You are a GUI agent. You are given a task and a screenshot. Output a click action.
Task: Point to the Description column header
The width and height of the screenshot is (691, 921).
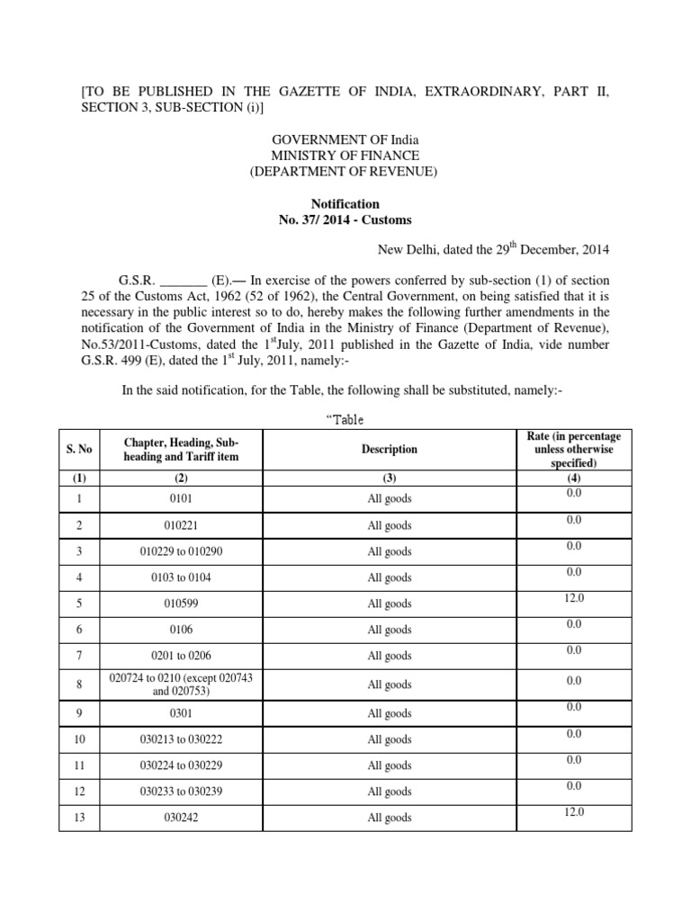pos(390,449)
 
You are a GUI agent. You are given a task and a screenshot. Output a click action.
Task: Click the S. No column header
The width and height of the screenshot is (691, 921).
pos(80,449)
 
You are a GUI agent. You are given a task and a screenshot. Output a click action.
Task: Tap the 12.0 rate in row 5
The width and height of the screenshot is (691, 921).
pos(575,597)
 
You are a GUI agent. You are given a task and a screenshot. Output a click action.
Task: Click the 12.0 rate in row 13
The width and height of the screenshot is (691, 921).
pos(575,812)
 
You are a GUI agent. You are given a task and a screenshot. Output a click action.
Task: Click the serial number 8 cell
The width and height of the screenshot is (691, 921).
pos(80,684)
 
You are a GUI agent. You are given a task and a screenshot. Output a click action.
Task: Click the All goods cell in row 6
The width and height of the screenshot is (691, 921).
pos(390,630)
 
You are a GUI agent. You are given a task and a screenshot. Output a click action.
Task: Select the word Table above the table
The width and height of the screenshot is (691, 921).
pos(345,419)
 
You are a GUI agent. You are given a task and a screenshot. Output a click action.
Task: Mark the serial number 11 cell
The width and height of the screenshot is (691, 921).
pos(80,765)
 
